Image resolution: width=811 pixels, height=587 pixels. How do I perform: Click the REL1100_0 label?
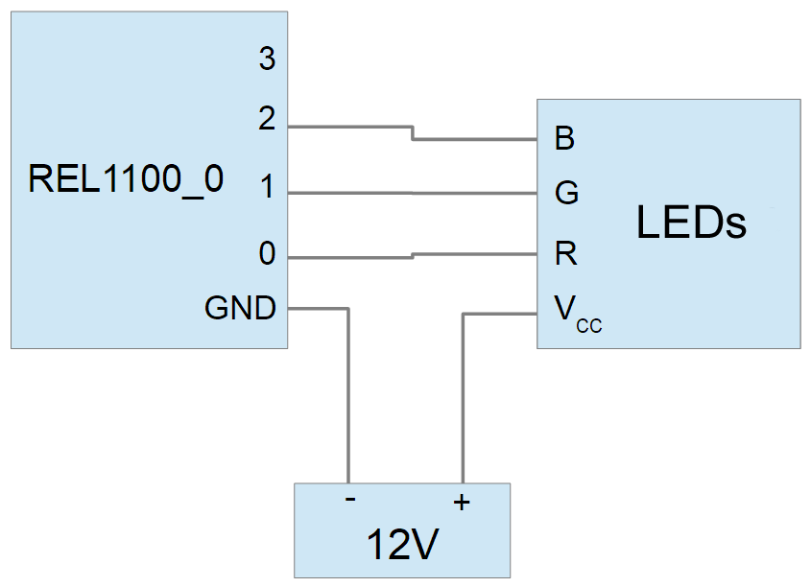126,179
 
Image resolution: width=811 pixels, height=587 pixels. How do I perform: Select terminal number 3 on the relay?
267,59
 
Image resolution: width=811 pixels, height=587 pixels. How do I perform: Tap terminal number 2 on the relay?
267,120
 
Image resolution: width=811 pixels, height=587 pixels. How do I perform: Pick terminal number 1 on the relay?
267,189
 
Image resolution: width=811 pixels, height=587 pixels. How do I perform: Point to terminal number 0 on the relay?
267,254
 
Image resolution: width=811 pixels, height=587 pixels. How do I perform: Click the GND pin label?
240,308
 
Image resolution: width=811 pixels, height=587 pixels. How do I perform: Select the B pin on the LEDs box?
564,139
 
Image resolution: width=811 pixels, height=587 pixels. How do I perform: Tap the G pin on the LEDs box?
566,194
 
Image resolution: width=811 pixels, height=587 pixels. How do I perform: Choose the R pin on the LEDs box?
565,254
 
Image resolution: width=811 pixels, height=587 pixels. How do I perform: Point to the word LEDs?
691,223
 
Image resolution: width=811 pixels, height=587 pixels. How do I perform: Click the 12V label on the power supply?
402,546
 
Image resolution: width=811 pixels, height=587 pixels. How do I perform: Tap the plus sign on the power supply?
462,501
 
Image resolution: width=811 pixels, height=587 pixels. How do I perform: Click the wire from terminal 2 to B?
475,139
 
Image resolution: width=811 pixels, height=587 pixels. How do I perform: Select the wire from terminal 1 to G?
413,194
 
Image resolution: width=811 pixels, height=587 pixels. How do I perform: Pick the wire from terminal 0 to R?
475,254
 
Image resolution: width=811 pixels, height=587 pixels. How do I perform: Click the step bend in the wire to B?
413,133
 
